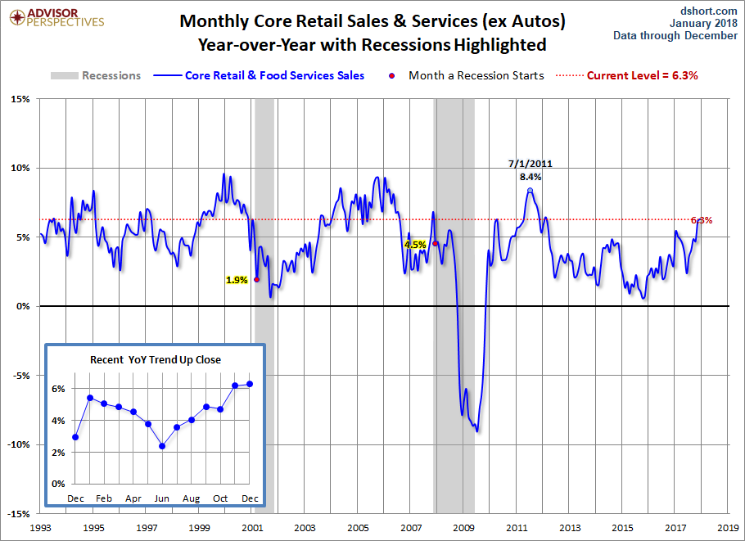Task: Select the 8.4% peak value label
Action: pos(530,176)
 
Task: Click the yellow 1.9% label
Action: pos(237,280)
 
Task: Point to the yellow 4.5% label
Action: pos(415,245)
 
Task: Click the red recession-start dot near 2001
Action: pos(257,279)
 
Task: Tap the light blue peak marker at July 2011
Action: pos(530,191)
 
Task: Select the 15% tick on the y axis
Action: pos(19,99)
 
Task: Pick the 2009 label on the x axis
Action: pos(465,528)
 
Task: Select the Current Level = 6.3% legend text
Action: pos(642,75)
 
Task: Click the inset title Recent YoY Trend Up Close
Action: pos(156,359)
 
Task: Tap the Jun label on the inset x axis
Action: pos(162,498)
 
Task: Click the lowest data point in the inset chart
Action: pos(162,446)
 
